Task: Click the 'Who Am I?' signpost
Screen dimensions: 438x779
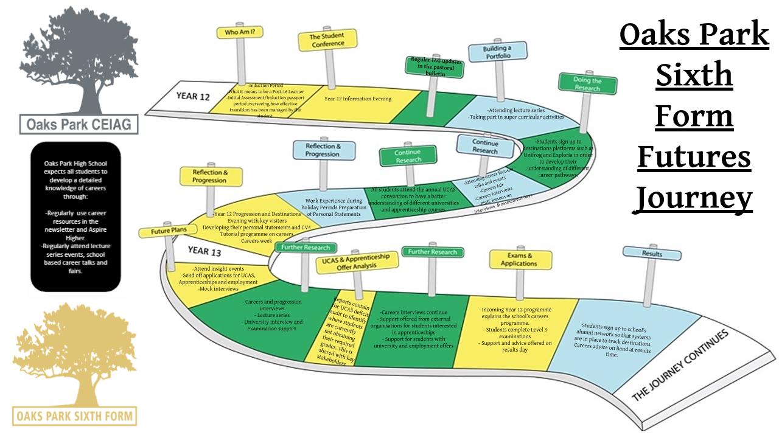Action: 240,32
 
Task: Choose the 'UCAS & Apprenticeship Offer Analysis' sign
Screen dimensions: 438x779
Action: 357,262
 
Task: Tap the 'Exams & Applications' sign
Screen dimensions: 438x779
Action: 520,260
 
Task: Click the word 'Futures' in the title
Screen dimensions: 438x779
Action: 694,156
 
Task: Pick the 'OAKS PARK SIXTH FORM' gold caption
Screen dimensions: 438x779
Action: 75,416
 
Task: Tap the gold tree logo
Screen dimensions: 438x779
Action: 74,353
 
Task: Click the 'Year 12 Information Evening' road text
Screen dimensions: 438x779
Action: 358,99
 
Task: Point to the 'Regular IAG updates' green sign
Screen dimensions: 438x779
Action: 435,67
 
